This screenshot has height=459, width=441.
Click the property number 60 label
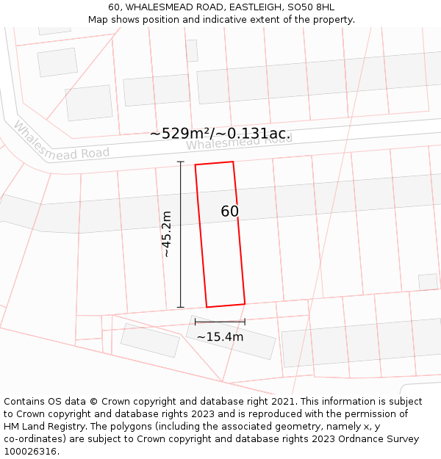click(x=229, y=212)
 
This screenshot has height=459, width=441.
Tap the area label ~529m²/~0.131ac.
click(x=220, y=134)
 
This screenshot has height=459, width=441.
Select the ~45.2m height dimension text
click(x=167, y=234)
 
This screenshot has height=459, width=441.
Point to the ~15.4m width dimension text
click(x=220, y=337)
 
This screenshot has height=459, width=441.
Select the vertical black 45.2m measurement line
click(x=181, y=234)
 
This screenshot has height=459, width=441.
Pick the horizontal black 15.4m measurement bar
click(x=220, y=322)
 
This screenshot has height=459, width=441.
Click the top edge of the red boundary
click(x=214, y=163)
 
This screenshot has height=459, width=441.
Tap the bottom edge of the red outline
click(x=226, y=306)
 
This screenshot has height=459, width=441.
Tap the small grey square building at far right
click(x=428, y=282)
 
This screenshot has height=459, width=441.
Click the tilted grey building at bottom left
click(x=150, y=340)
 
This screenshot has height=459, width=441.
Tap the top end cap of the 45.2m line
click(x=181, y=162)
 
